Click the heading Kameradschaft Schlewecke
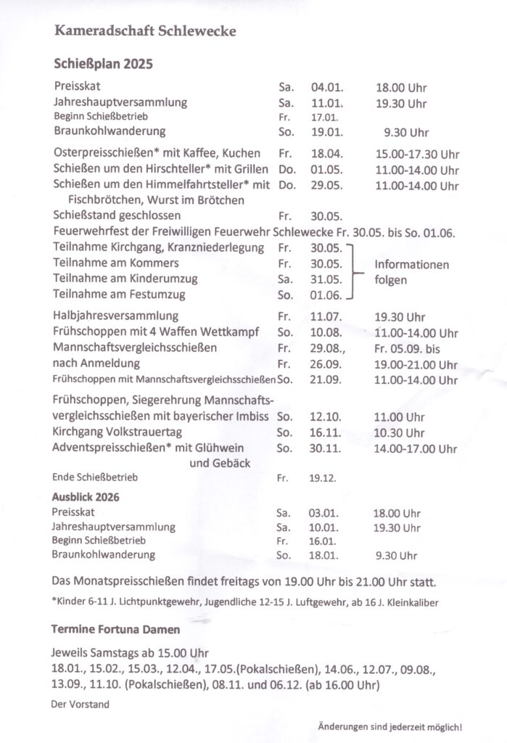coord(144,32)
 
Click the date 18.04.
coord(326,155)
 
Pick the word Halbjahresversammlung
coord(115,316)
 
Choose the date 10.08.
coord(325,333)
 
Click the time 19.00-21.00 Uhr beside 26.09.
coord(416,364)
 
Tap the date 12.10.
coord(325,417)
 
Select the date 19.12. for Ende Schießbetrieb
coord(323,479)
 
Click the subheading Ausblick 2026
coord(86,498)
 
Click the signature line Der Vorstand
coord(79,704)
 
